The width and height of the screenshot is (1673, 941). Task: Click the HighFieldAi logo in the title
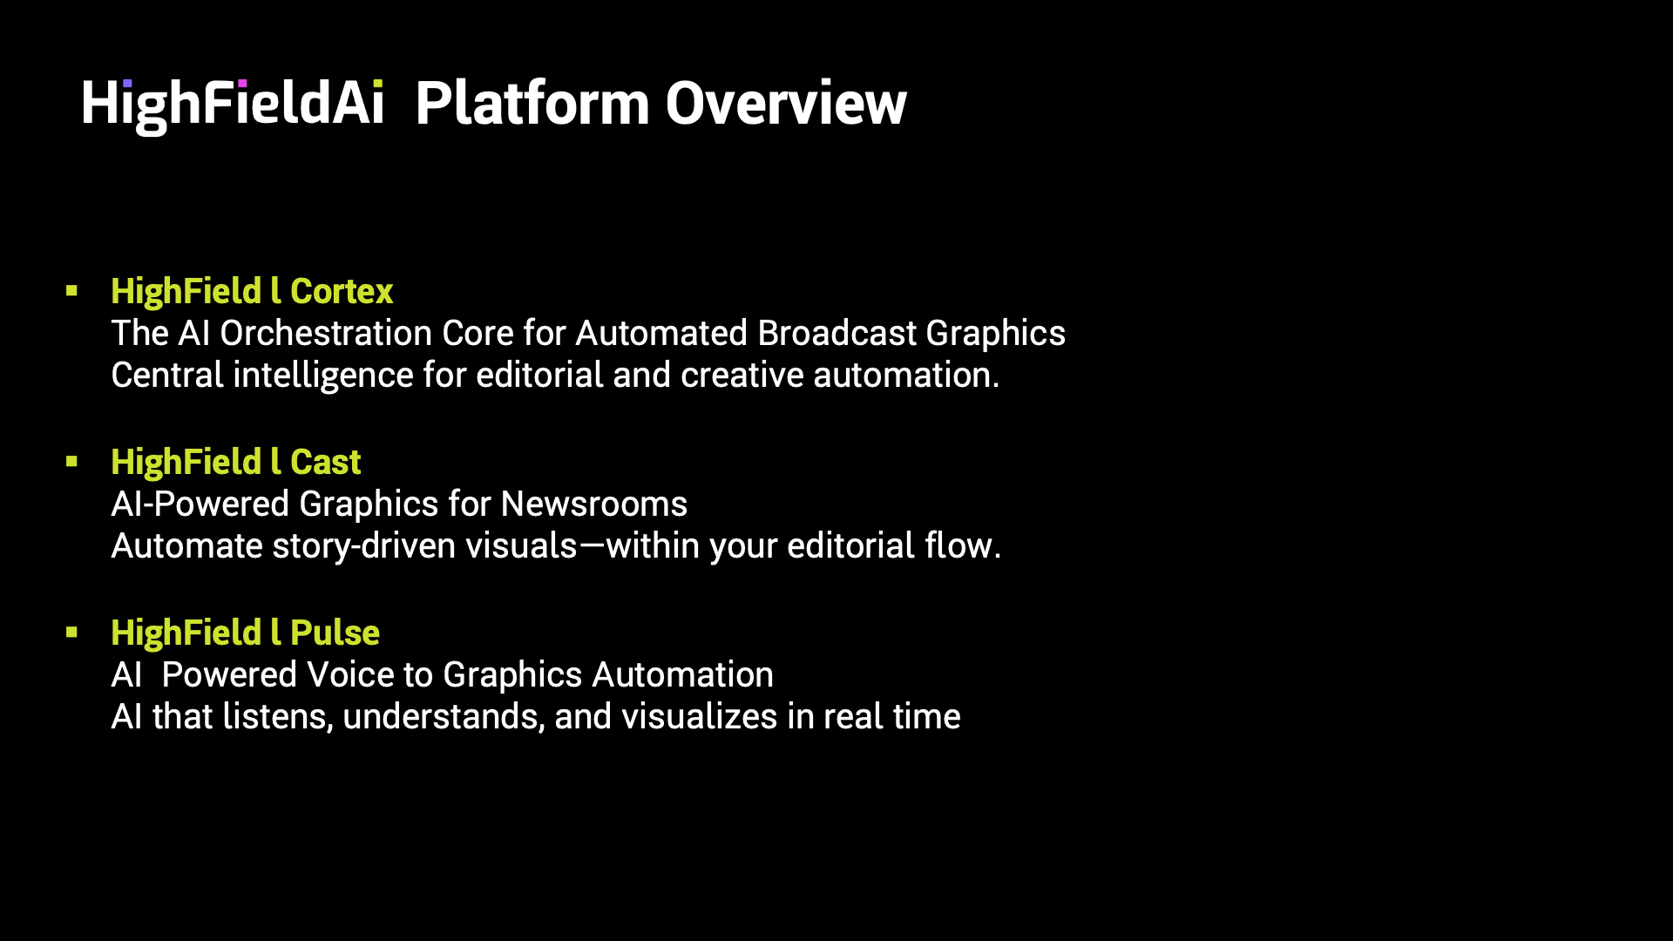click(233, 105)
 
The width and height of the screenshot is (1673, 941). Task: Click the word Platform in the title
click(532, 103)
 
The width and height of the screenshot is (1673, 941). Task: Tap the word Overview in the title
click(786, 104)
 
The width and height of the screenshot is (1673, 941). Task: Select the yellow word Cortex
click(342, 291)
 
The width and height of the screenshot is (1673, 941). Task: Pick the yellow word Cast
click(325, 462)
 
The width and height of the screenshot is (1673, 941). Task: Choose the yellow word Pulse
click(335, 633)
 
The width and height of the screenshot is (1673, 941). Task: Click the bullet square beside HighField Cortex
click(71, 291)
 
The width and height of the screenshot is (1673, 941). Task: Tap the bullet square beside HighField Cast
click(71, 462)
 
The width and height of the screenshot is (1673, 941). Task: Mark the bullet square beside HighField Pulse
click(71, 633)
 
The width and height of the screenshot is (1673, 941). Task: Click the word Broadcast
click(836, 333)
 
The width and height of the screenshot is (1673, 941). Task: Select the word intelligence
click(323, 376)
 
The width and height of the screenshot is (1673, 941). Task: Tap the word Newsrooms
click(594, 504)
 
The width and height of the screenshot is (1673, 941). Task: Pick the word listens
click(278, 716)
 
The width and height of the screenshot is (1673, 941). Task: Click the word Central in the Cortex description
click(167, 376)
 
